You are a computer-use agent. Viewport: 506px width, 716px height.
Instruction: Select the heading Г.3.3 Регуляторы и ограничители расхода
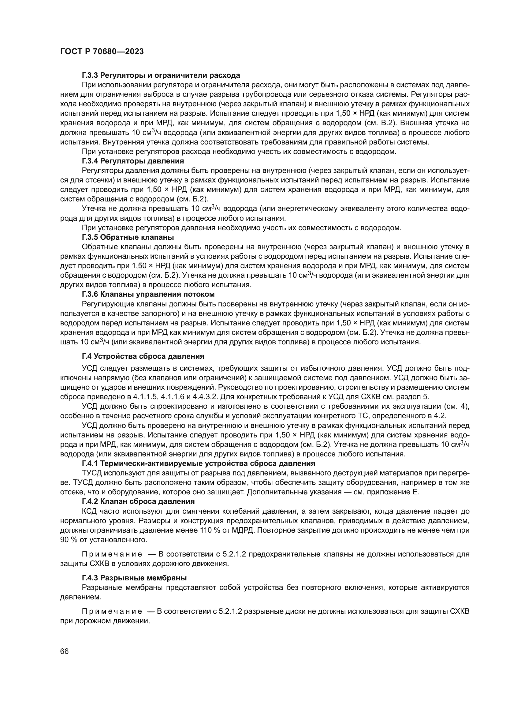[161, 75]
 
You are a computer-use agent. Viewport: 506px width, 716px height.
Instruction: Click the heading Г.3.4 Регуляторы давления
[133, 161]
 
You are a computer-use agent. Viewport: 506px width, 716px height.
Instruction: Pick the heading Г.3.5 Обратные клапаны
[128, 237]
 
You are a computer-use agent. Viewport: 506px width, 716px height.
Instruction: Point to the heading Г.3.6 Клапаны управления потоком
[148, 294]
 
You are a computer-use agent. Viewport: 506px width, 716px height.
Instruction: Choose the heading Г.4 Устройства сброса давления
[143, 356]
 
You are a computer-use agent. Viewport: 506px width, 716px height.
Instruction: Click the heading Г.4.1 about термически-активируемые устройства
[199, 463]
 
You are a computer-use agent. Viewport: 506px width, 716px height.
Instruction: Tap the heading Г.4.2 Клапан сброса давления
[138, 501]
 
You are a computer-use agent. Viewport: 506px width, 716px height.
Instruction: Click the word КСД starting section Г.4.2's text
[90, 511]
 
